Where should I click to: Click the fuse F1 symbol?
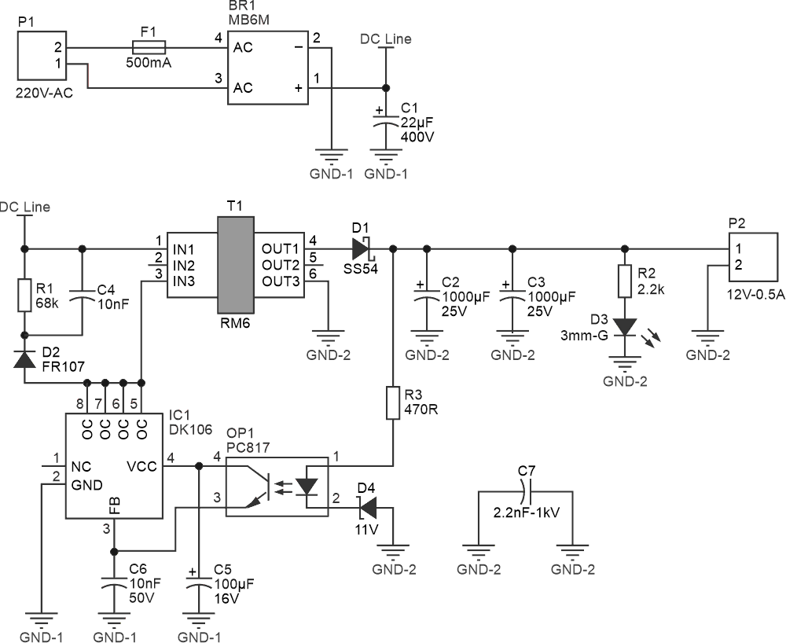(147, 46)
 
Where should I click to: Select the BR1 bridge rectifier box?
(267, 68)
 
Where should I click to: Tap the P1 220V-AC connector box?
(42, 57)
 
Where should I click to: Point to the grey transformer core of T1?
(235, 265)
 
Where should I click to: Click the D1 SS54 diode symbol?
(361, 249)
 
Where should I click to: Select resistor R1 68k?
(25, 294)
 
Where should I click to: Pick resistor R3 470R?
(392, 402)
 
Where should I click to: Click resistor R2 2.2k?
(624, 281)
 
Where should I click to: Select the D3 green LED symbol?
(624, 327)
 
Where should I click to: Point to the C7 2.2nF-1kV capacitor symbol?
(527, 494)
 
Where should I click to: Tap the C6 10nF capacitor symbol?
(114, 584)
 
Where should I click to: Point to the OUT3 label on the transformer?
(281, 281)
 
